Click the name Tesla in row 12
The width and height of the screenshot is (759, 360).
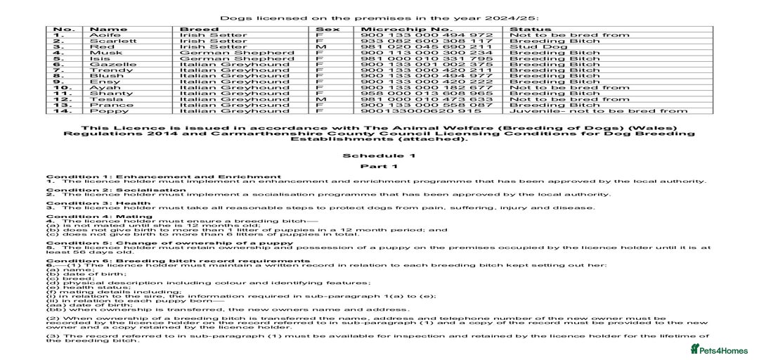[103, 99]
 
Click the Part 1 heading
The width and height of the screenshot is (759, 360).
[379, 167]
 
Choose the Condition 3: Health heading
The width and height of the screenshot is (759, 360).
[98, 203]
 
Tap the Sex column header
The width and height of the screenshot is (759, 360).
[327, 29]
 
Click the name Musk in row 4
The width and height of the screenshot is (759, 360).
[102, 53]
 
